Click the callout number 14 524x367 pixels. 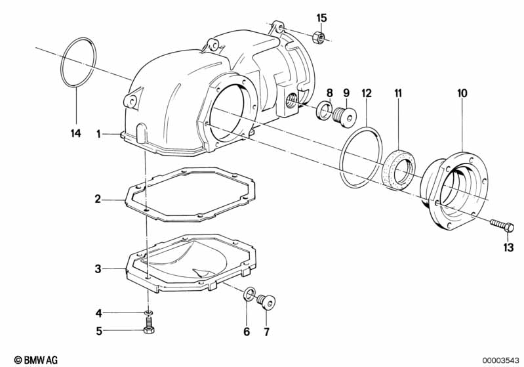75,133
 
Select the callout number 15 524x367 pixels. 321,17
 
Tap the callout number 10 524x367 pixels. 462,93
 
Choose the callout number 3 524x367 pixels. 97,269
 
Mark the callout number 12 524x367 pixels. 366,93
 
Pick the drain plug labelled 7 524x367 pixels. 267,301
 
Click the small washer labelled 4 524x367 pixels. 149,312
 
